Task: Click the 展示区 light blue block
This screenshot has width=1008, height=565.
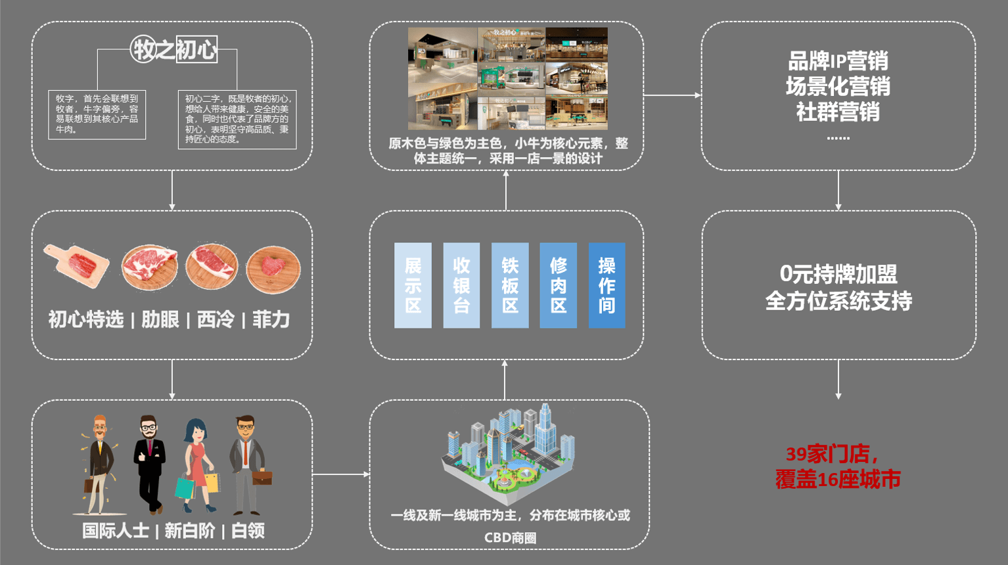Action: coord(413,285)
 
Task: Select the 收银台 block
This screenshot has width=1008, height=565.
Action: coord(461,285)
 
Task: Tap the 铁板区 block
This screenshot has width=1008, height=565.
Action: coord(510,285)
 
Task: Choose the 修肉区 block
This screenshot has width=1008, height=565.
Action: coord(558,285)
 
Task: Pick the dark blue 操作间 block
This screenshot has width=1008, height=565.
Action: coord(607,285)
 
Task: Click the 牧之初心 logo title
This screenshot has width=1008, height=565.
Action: coord(174,49)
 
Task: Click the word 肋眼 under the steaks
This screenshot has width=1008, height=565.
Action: coord(160,320)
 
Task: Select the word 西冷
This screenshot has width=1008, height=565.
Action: coord(216,320)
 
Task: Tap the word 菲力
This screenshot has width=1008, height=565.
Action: coord(271,320)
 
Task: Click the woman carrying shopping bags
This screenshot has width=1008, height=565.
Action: coord(196,463)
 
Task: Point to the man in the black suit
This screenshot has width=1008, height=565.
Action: coord(149,463)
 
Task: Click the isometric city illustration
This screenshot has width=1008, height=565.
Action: coord(507,450)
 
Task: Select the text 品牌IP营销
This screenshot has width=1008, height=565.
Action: coord(838,61)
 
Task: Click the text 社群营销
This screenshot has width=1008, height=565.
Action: coord(838,112)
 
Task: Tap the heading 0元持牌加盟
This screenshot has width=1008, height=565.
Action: coord(838,274)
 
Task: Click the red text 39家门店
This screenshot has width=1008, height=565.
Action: coord(831,454)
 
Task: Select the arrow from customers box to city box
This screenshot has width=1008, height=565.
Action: coord(340,474)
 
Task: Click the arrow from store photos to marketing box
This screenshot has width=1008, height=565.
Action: coord(672,95)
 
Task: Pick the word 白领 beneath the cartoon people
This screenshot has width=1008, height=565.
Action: coord(248,531)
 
